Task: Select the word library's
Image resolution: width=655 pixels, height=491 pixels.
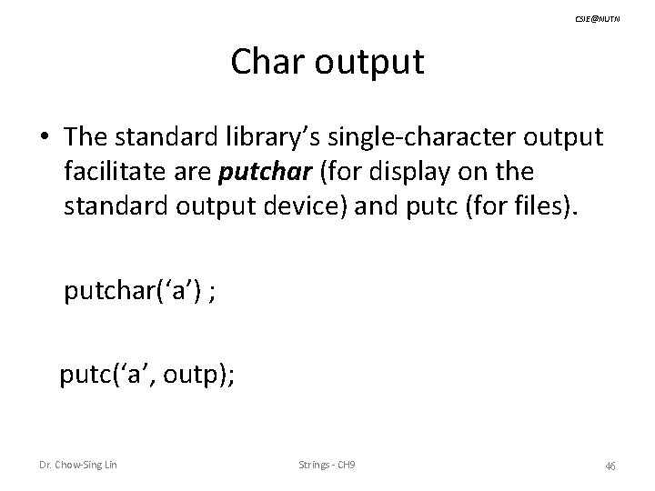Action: (275, 136)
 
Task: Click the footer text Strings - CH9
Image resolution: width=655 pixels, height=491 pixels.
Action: (327, 466)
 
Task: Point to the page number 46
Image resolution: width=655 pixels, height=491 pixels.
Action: (610, 466)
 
